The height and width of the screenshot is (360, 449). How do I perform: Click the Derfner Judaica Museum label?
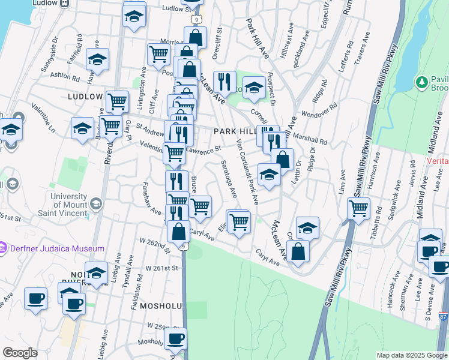[x=57, y=248]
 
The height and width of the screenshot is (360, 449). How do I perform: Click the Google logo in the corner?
[x=20, y=353]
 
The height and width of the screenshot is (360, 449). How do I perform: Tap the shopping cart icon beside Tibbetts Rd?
[x=358, y=209]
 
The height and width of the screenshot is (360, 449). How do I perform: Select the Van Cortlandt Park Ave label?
[x=247, y=172]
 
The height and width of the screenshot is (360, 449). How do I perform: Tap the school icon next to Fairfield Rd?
[x=97, y=60]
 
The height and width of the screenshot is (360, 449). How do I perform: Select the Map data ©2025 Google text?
[x=411, y=355]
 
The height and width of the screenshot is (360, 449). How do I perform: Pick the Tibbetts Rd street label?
[x=377, y=219]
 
